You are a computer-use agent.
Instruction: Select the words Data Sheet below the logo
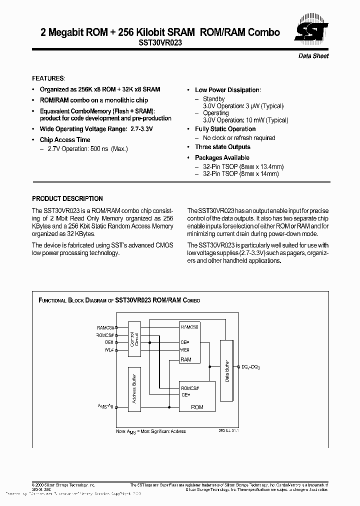(x=313, y=56)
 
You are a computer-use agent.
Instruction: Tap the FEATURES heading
(x=48, y=78)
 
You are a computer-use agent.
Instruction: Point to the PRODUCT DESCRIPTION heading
(x=67, y=198)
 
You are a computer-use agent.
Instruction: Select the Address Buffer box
(x=134, y=391)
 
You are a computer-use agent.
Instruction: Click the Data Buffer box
(x=227, y=370)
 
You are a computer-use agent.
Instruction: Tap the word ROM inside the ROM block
(x=197, y=407)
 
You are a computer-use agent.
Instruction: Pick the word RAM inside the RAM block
(x=186, y=359)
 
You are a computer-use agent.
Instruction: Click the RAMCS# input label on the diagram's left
(x=105, y=327)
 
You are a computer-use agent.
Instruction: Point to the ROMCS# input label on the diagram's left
(x=105, y=335)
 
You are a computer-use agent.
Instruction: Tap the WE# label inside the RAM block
(x=184, y=350)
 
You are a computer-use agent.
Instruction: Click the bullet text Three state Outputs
(x=222, y=147)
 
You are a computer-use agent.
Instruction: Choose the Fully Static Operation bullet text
(x=225, y=129)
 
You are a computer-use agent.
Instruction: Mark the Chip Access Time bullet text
(x=65, y=140)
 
